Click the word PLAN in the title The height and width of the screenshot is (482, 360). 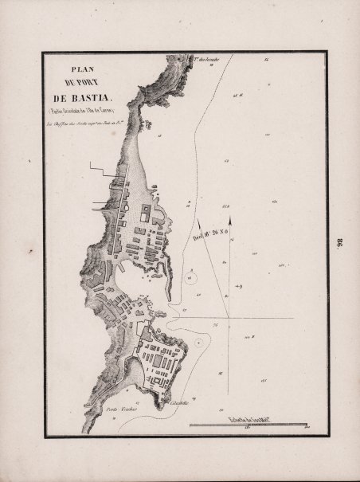tap(81, 69)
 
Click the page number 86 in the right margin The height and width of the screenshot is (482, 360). tap(338, 241)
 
